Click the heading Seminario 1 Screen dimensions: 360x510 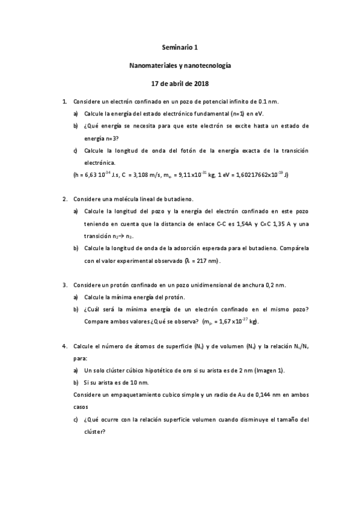tap(180, 46)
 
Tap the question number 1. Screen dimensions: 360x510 tap(64, 102)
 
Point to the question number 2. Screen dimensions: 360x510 tap(64, 198)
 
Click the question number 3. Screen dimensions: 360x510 tap(64, 284)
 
